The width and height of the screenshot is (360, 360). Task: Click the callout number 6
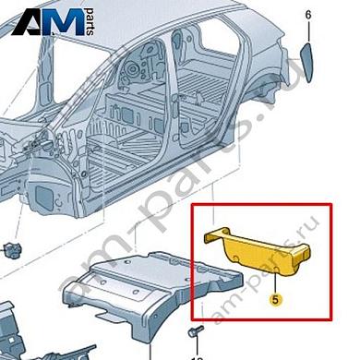click(308, 16)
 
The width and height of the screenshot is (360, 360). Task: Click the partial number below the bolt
click(196, 356)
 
